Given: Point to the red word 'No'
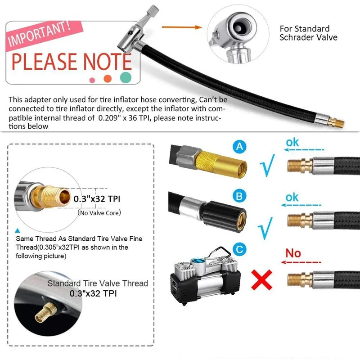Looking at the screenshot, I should (293, 253).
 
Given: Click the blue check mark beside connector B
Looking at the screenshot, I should (265, 227).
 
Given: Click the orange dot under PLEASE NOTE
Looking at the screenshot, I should (108, 79).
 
